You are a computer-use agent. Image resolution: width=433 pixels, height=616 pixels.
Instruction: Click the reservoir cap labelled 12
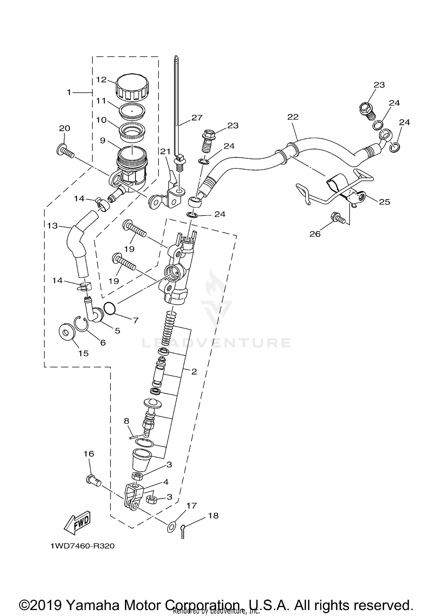pos(132,87)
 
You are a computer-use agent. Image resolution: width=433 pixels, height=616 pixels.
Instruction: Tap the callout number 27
pos(197,118)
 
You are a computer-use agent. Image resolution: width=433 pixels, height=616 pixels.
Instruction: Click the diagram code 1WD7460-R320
pos(83,546)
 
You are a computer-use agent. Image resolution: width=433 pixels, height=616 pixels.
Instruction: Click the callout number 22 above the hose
pos(293,117)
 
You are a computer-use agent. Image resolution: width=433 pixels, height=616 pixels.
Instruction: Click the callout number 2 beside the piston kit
pos(194,372)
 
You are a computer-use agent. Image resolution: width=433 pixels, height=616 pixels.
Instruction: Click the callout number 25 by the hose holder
pos(385,202)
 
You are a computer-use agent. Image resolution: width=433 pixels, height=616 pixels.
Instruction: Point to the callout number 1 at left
pos(69,92)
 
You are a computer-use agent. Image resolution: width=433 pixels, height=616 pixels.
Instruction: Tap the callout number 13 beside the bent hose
pos(53,226)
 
